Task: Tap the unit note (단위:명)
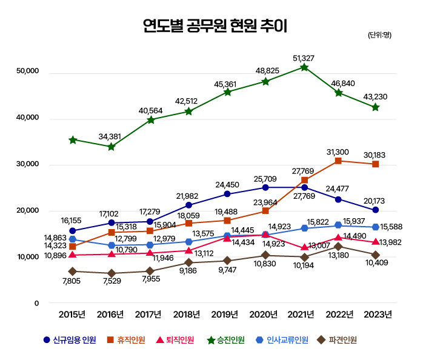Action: [x=379, y=35]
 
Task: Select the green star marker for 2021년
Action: [x=304, y=67]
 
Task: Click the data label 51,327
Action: [x=304, y=58]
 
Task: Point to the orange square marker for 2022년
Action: [x=338, y=161]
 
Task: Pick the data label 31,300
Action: [x=338, y=152]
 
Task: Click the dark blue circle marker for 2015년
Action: [x=73, y=231]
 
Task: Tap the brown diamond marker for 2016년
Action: [x=112, y=273]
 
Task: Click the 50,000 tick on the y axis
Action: [x=27, y=72]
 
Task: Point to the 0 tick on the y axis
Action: [x=36, y=303]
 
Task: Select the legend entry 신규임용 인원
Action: [x=69, y=339]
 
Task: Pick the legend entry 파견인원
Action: [x=338, y=339]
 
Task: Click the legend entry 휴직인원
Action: [x=126, y=339]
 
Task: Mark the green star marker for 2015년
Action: [x=73, y=140]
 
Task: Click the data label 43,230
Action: [x=375, y=97]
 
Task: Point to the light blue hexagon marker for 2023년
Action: [x=376, y=227]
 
